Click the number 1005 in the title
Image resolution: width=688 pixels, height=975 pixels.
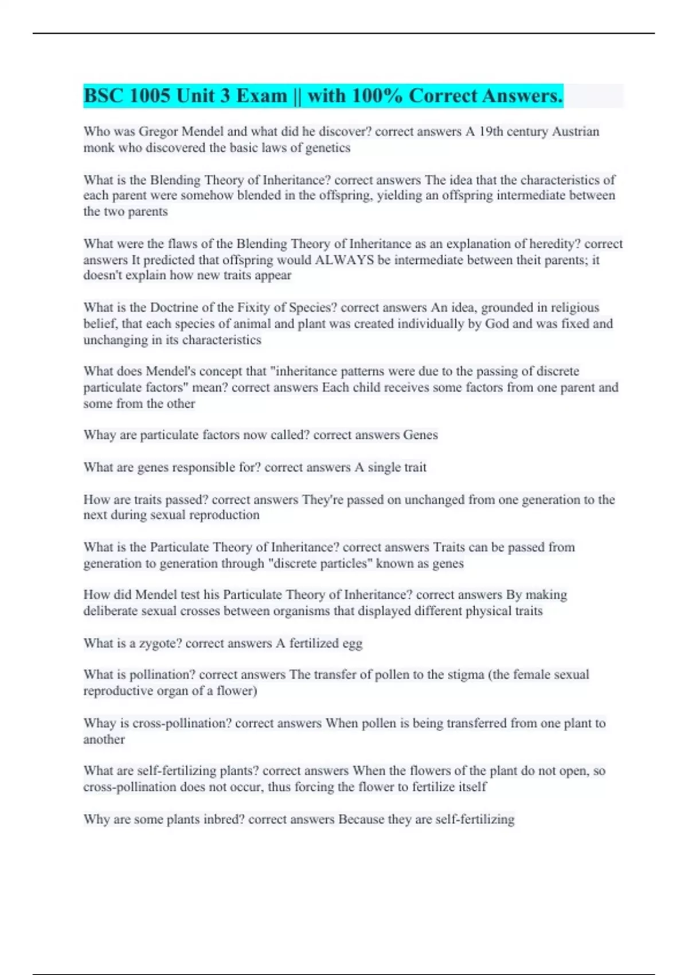pyautogui.click(x=150, y=96)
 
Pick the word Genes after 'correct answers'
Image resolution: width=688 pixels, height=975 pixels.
pyautogui.click(x=420, y=435)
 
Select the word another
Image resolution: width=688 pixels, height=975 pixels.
pyautogui.click(x=104, y=739)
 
